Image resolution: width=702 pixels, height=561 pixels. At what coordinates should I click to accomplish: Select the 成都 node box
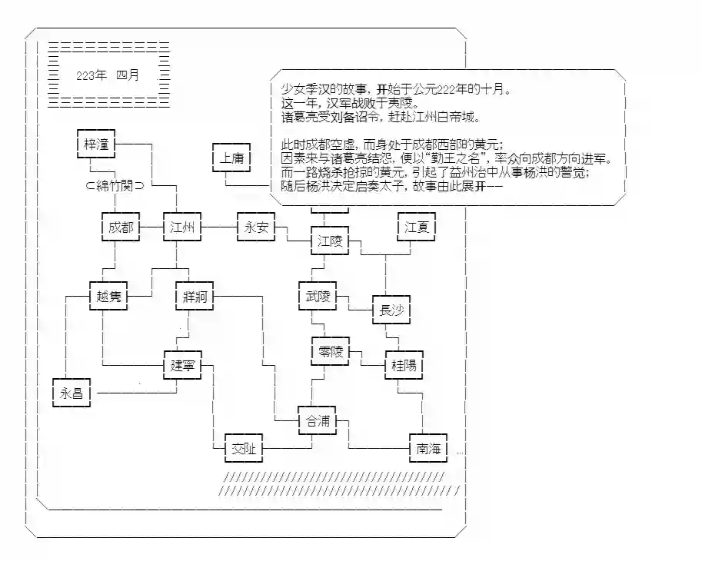(x=121, y=227)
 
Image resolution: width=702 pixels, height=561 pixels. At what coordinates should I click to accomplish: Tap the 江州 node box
(x=182, y=227)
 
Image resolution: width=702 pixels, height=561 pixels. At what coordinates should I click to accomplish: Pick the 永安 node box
(x=255, y=227)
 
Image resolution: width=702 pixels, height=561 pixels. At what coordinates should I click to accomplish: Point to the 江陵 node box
(x=329, y=242)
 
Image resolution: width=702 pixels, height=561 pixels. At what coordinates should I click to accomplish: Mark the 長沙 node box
(x=391, y=310)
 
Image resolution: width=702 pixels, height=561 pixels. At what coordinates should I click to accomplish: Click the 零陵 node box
(x=329, y=352)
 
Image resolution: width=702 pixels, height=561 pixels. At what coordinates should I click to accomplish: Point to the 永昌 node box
(x=72, y=393)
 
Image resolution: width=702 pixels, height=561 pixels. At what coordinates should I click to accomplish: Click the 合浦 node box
(x=318, y=421)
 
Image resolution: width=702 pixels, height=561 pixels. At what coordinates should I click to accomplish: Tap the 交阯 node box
(x=244, y=448)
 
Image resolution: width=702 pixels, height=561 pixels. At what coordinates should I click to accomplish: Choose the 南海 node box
(x=428, y=448)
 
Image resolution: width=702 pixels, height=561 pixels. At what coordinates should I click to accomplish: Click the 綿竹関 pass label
(x=120, y=185)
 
